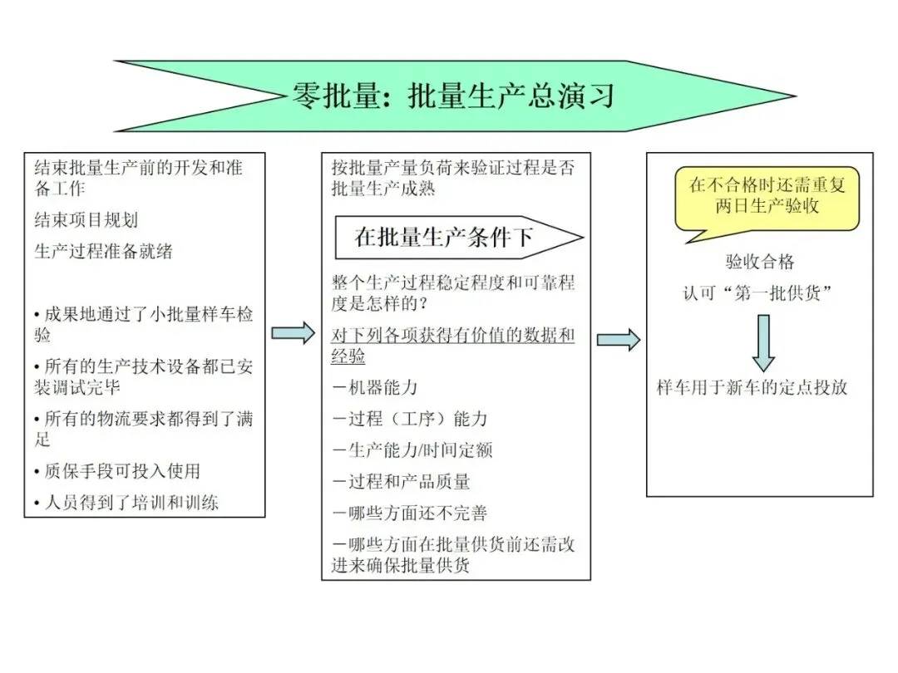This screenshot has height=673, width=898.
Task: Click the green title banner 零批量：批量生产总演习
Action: [x=453, y=96]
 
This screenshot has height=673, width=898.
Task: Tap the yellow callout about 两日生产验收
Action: [x=767, y=196]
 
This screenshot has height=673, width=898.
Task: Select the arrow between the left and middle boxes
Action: [x=294, y=332]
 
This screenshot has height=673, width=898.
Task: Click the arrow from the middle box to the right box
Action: [x=619, y=339]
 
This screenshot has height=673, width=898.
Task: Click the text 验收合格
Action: [x=760, y=263]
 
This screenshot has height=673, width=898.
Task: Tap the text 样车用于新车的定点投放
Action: [x=752, y=387]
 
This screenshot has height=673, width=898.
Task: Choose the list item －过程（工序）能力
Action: [x=409, y=419]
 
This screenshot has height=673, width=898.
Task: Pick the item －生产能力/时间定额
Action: [x=412, y=450]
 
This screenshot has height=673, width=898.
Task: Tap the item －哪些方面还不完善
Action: [x=409, y=513]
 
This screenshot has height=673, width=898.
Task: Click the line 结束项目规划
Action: [x=86, y=220]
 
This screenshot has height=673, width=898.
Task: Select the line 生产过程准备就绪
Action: [x=103, y=251]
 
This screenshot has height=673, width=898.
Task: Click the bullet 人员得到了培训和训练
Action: [x=126, y=503]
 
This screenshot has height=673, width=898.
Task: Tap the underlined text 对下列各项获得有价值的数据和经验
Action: [x=452, y=346]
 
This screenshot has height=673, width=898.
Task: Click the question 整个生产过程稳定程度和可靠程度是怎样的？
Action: [x=452, y=292]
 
